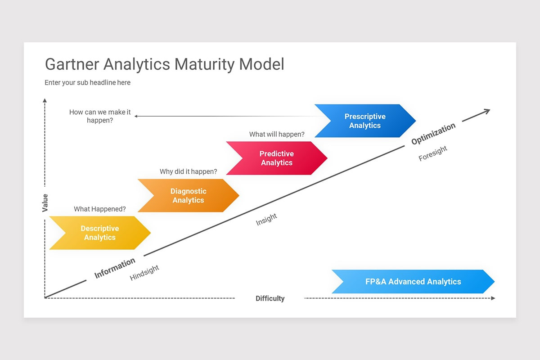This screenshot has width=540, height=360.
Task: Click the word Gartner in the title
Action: tap(72, 64)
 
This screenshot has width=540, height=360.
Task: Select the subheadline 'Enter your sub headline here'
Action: tap(87, 83)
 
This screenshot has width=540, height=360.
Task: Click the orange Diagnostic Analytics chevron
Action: tap(188, 196)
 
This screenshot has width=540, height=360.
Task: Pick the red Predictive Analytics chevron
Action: tap(277, 158)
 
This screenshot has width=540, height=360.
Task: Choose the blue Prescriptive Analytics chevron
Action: tap(365, 121)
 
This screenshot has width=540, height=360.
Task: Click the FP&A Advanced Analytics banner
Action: tap(413, 282)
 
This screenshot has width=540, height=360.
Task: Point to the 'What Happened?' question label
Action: tap(100, 209)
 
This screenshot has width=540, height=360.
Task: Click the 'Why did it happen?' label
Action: tap(188, 171)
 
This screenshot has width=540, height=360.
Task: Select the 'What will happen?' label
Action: tap(277, 134)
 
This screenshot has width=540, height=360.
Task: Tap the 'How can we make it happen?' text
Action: tap(100, 116)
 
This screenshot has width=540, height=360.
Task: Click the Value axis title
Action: tap(45, 203)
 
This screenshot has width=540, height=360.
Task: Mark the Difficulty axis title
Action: tap(270, 298)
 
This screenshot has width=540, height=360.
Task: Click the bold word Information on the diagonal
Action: tap(115, 268)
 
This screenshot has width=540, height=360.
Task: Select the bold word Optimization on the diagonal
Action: tap(433, 134)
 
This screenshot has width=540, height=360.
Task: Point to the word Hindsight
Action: tap(144, 273)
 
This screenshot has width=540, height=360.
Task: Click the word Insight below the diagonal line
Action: tap(266, 220)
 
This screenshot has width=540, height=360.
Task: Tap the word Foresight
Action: tap(433, 154)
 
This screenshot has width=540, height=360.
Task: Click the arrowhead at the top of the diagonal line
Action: tap(487, 111)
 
